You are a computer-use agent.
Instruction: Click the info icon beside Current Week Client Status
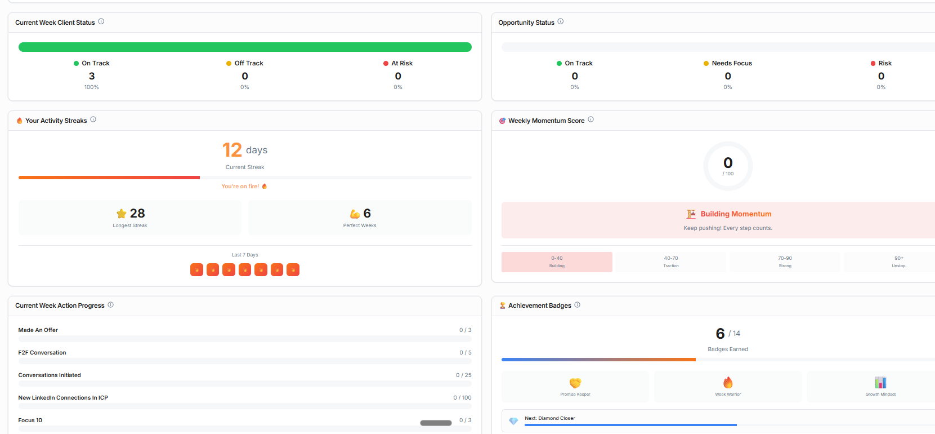(x=101, y=21)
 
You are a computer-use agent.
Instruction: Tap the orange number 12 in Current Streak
(x=232, y=150)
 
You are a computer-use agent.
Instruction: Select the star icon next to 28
(x=121, y=214)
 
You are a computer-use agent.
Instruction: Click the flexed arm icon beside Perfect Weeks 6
(x=355, y=214)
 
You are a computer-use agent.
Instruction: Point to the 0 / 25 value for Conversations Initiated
(x=464, y=375)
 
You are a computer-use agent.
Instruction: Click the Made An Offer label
(x=38, y=330)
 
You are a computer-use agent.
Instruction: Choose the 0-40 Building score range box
(x=557, y=262)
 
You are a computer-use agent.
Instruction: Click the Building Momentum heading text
(x=736, y=214)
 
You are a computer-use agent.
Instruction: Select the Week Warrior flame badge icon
(x=728, y=383)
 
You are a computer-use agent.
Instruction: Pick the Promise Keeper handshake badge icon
(x=575, y=383)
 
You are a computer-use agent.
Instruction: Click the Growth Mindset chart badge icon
(x=880, y=383)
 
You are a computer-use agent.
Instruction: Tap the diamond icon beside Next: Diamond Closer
(x=513, y=421)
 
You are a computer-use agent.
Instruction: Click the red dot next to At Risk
(x=386, y=64)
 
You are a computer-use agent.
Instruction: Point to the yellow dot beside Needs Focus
(x=706, y=64)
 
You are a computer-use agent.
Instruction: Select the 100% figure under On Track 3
(x=92, y=87)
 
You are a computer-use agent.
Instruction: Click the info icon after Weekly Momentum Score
(x=591, y=119)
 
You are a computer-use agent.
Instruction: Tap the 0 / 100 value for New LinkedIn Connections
(x=462, y=398)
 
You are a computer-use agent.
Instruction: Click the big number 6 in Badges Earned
(x=720, y=334)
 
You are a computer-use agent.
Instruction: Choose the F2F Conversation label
(x=42, y=353)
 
